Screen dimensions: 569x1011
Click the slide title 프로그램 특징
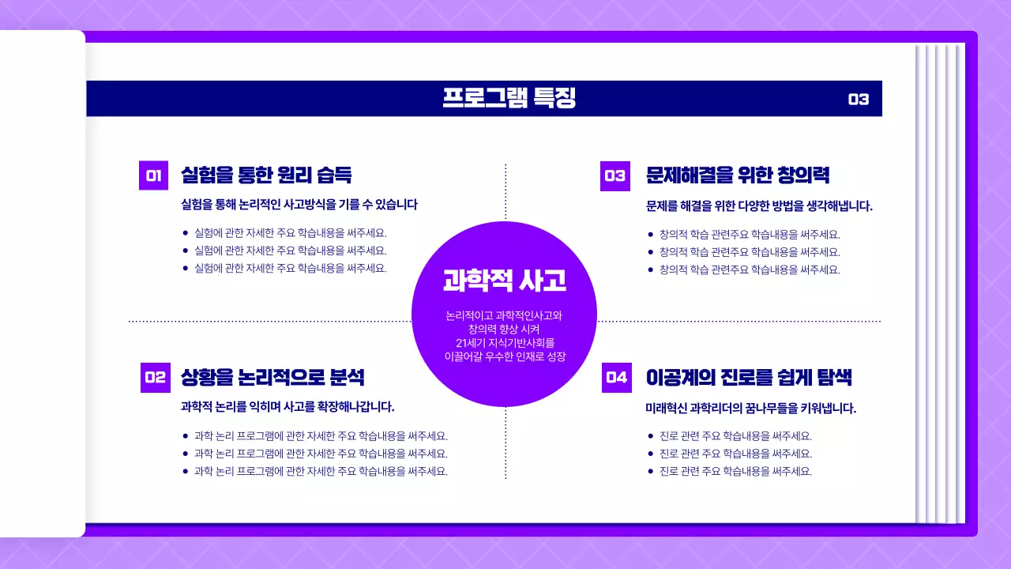(509, 98)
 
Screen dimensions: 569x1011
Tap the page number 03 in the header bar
(858, 100)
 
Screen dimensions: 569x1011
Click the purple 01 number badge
(153, 175)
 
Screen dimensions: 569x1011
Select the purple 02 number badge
(155, 378)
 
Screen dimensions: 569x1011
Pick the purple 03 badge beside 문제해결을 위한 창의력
(614, 176)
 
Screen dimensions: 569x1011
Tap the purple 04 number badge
(616, 378)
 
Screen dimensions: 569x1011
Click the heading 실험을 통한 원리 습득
(266, 175)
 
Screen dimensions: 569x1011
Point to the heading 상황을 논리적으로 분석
(272, 377)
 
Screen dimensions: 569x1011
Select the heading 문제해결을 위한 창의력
(737, 175)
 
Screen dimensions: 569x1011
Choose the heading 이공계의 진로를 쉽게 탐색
(748, 377)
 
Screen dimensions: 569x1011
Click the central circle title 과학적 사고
(504, 280)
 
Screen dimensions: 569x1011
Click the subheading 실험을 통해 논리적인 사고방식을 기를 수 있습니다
(299, 205)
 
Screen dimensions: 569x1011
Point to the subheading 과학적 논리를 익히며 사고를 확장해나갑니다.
(288, 407)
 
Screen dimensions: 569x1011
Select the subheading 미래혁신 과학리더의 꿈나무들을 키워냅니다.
(750, 409)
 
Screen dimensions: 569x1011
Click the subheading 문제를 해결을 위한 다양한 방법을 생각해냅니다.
(759, 206)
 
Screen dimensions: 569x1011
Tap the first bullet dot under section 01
(185, 233)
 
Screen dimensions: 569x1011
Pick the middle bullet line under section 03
(750, 252)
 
